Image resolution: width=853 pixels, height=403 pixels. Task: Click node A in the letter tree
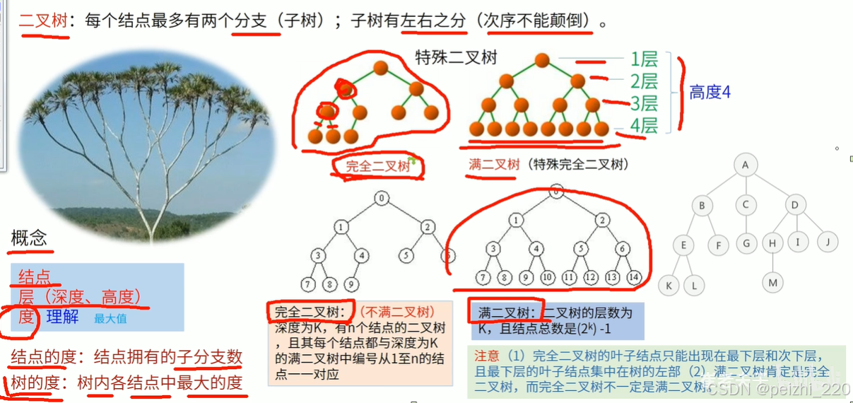pos(745,165)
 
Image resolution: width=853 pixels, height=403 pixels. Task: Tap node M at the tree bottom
pos(772,283)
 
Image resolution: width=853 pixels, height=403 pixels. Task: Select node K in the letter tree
pos(669,286)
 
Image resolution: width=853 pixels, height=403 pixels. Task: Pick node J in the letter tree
pos(827,242)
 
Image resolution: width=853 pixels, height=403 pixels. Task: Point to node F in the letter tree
pos(719,245)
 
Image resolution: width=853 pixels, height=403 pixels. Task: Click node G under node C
pos(746,244)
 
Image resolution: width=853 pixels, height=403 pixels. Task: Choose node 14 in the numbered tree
pos(634,278)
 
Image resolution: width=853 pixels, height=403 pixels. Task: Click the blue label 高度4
pos(710,92)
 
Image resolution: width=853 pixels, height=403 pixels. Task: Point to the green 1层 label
pos(643,59)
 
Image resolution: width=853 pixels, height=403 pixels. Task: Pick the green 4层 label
pos(643,125)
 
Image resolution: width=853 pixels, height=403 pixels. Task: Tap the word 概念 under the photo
pos(29,238)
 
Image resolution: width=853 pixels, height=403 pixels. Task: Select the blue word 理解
pos(62,317)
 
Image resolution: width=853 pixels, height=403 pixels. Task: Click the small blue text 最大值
pos(110,319)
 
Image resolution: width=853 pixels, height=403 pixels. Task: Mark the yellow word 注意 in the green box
pos(486,355)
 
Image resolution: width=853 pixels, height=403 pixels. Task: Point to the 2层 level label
pos(643,81)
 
